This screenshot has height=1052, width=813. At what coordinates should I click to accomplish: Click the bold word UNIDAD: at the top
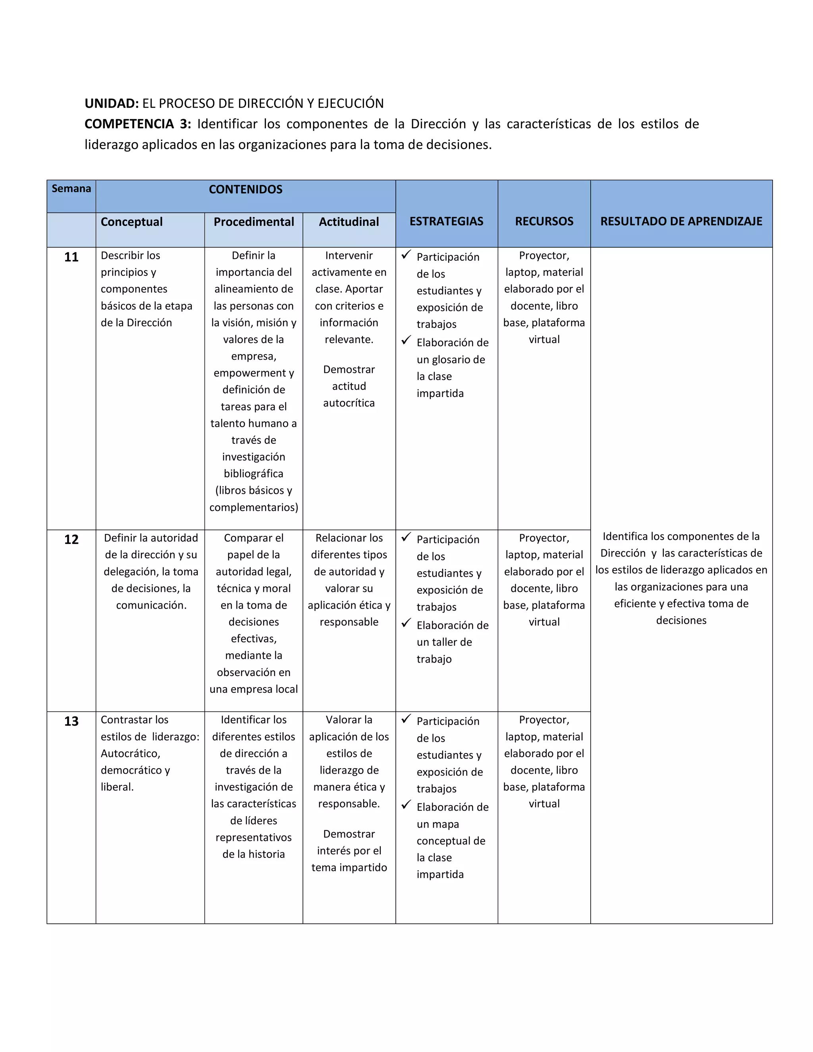111,104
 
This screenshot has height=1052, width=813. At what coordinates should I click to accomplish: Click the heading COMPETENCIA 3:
138,124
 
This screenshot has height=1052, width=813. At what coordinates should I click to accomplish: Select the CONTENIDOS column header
246,190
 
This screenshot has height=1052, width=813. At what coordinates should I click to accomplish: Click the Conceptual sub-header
131,222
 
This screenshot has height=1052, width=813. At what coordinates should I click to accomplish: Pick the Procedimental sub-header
253,222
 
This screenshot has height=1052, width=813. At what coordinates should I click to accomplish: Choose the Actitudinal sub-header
349,222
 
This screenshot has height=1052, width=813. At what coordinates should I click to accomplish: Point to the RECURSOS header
544,222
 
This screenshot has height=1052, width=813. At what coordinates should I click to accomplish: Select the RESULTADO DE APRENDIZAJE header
681,222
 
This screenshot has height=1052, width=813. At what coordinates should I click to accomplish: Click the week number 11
71,257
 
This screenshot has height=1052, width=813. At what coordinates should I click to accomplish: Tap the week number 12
71,540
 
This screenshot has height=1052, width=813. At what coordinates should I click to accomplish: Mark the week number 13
71,722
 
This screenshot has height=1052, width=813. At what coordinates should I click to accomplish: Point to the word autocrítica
349,403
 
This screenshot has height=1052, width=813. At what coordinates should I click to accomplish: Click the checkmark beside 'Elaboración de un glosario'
406,341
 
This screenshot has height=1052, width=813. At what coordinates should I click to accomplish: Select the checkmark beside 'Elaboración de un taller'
406,623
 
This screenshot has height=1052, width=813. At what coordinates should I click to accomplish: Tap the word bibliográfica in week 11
253,474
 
